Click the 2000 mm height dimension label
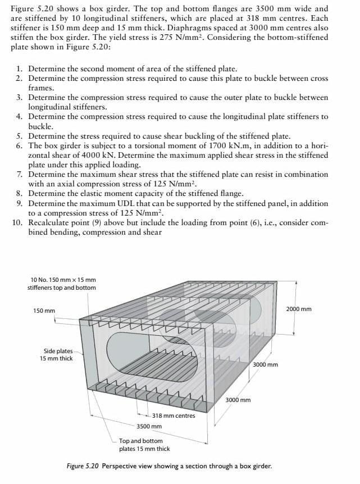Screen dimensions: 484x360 (x=298, y=309)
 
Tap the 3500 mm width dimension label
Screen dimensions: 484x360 (x=149, y=426)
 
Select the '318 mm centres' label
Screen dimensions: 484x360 (x=174, y=415)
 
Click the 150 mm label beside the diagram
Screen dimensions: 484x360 (x=44, y=310)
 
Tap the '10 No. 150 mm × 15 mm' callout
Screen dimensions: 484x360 (x=63, y=279)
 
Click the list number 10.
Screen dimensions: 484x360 (x=17, y=222)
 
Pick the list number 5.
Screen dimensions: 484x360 (x=19, y=136)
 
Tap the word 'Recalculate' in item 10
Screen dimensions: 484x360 (x=51, y=222)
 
